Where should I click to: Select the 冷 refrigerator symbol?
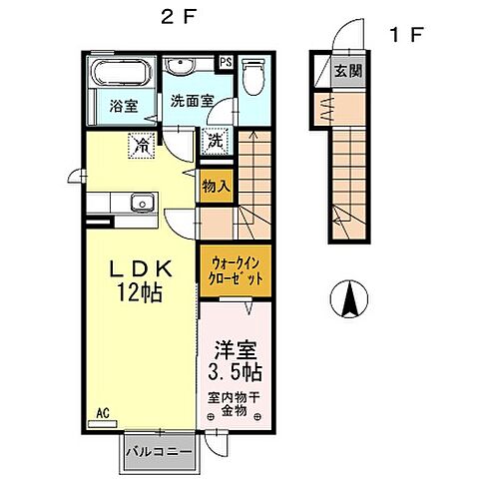142,145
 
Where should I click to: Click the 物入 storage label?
216,186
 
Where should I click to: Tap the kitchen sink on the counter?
141,205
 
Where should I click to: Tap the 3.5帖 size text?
236,373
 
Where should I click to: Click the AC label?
102,412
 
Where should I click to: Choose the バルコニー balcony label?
163,452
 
